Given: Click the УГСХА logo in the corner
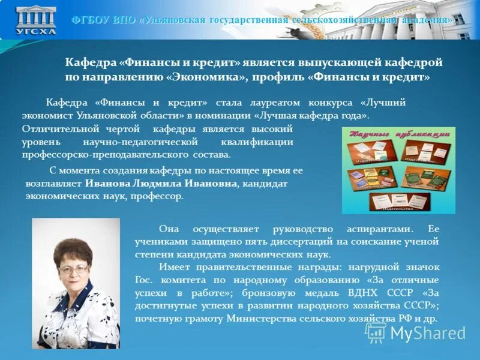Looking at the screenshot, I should point(37,20).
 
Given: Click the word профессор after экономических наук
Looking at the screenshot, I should point(161,196).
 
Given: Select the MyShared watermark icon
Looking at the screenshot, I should point(376,332).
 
